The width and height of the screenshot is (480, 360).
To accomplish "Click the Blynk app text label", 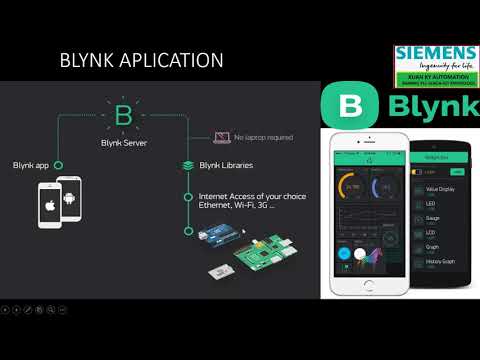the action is [32, 164].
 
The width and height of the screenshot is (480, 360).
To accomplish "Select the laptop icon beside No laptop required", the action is [222, 138].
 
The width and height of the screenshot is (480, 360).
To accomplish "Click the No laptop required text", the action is [263, 138].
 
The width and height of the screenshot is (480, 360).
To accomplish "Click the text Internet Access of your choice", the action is [251, 196].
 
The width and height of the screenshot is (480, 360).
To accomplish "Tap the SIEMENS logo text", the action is [436, 53].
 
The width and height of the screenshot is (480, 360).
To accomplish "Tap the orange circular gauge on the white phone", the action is [352, 186].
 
